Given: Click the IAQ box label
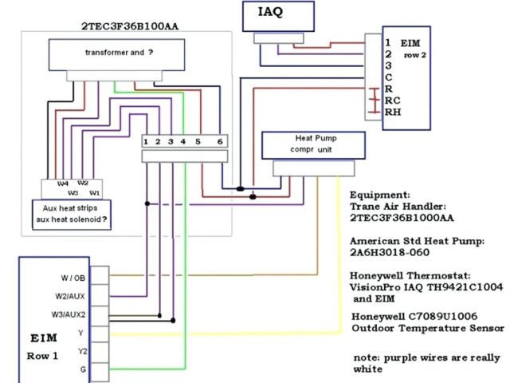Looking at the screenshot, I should point(270,14).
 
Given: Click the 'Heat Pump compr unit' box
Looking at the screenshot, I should point(313,143).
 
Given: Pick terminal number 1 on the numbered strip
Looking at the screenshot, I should point(147,141).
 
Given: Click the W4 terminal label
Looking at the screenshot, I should point(62,184).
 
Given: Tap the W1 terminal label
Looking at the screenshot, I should point(95,192).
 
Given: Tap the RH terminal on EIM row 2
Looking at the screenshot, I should point(393,113).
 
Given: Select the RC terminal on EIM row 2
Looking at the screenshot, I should point(393,101).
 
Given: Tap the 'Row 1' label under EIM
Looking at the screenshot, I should point(42,355).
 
